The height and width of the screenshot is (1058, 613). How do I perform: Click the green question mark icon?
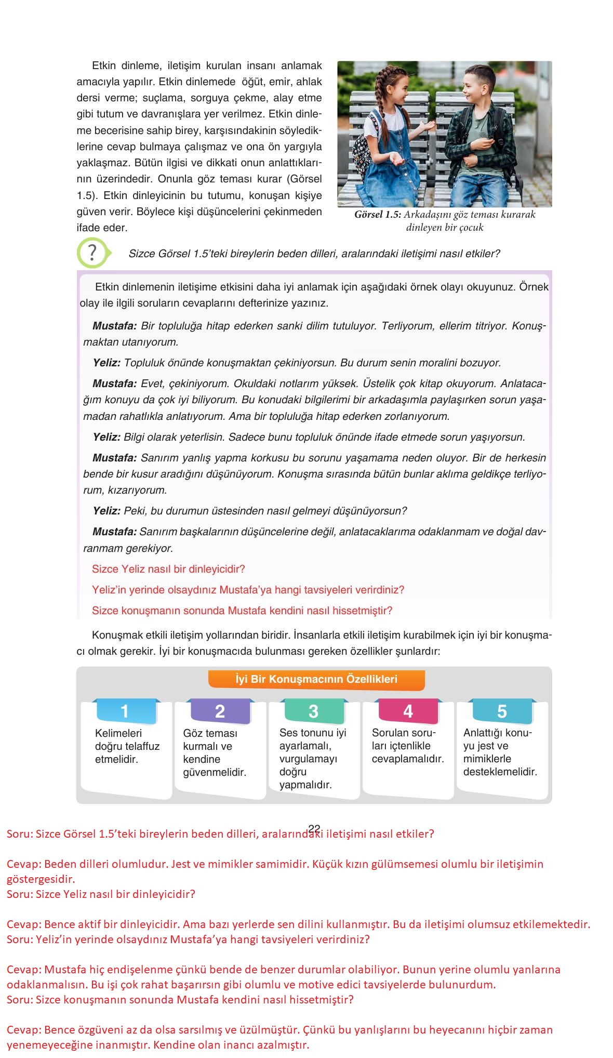[x=92, y=253]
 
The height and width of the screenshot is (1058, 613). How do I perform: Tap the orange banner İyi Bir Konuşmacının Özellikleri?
[x=316, y=679]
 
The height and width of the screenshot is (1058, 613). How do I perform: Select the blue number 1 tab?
[x=125, y=711]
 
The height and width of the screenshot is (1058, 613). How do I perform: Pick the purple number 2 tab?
[x=220, y=711]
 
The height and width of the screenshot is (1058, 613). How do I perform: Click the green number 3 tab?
[x=313, y=711]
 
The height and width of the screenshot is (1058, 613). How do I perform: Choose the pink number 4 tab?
[x=408, y=711]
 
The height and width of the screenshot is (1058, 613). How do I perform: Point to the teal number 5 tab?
[x=502, y=711]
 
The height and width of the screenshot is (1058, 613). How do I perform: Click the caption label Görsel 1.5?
[x=378, y=215]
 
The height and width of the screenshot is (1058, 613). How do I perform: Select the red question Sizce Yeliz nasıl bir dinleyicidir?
[x=168, y=569]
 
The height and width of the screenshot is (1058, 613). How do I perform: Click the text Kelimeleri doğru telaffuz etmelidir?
[x=127, y=746]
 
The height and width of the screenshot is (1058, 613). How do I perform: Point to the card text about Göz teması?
[x=214, y=752]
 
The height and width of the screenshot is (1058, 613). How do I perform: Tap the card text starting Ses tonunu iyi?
[x=312, y=759]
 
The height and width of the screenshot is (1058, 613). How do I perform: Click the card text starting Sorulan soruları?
[x=407, y=746]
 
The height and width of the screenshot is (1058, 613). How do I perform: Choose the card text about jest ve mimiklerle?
[x=500, y=752]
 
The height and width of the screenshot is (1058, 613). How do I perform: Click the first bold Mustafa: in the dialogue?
[x=114, y=326]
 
